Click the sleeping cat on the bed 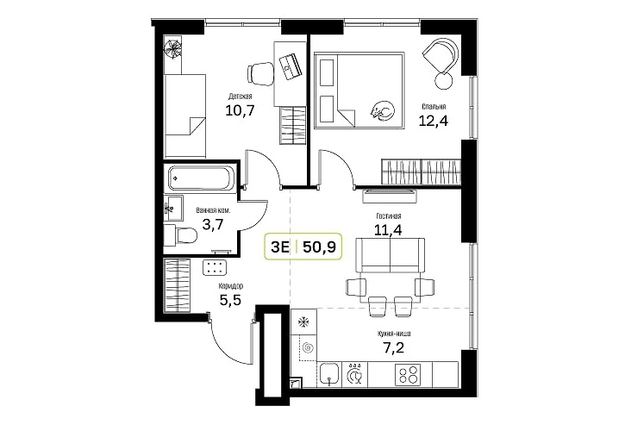click(383, 110)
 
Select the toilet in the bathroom click(180, 235)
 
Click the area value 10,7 click(240, 109)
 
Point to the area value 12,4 click(433, 120)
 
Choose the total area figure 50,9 click(319, 247)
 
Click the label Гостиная click(389, 216)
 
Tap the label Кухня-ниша click(394, 334)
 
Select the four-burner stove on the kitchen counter click(408, 375)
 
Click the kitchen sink click(329, 374)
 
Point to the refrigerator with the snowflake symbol click(304, 322)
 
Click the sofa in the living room click(390, 255)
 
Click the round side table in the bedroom click(444, 82)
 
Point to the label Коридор click(231, 286)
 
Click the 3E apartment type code click(280, 247)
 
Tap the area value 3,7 click(213, 225)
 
